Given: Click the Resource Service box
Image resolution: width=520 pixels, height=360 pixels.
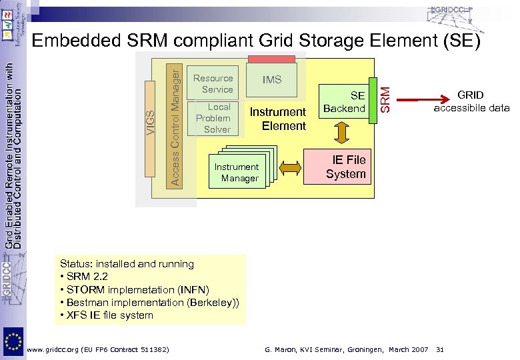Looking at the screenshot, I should [213, 83].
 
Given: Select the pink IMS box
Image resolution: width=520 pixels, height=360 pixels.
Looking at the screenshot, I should [271, 79].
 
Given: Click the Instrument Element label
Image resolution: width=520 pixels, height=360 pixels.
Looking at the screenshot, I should [277, 119].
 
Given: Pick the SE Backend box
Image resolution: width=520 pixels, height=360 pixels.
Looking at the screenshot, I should [345, 101].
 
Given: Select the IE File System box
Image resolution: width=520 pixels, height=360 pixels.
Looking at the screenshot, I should [345, 167].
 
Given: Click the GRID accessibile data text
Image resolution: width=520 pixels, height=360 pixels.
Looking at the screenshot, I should [470, 101].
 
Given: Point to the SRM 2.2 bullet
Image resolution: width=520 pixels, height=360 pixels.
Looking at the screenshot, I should [85, 277].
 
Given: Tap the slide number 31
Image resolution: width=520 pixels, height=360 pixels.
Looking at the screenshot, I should [439, 349].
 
